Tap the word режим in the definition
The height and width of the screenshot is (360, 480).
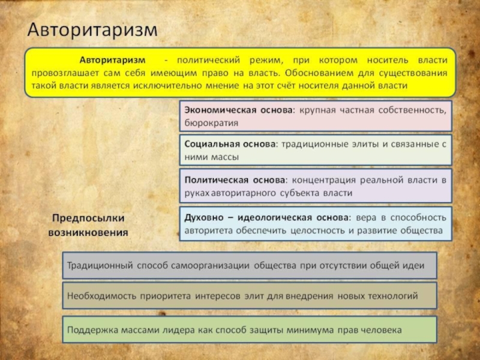coord(264,61)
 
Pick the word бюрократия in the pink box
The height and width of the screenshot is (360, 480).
coord(211,122)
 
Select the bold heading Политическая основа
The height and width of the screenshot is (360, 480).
coord(234,179)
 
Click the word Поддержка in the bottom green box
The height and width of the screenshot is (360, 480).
coord(91,329)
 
